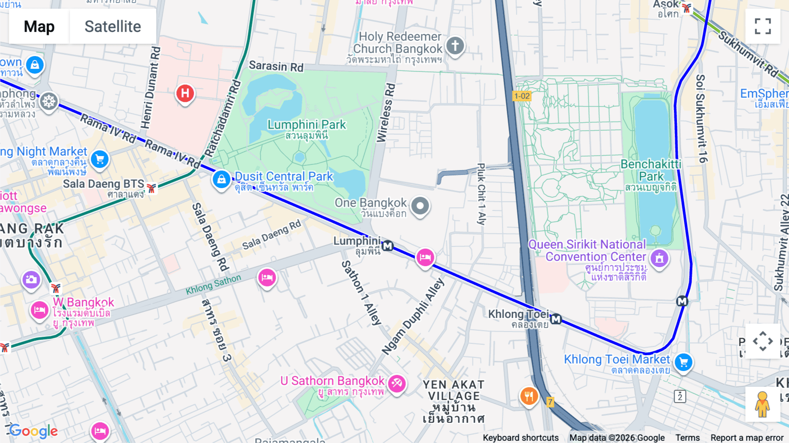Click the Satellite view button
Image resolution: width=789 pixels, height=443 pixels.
113,26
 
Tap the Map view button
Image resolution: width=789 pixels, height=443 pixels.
39,26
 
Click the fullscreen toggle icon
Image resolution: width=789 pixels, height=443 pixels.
763,26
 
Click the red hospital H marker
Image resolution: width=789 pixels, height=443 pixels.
185,93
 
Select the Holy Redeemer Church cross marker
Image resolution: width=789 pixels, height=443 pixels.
455,46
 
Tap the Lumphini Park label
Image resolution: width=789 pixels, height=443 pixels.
306,125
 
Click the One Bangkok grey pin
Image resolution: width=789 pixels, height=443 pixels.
420,206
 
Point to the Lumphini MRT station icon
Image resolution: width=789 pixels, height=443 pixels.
387,246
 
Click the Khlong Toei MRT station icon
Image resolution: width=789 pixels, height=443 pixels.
556,319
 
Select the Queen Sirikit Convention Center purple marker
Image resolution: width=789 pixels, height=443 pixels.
659,258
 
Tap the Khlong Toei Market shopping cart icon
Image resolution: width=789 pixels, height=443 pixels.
683,362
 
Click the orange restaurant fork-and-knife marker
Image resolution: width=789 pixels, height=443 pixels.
529,396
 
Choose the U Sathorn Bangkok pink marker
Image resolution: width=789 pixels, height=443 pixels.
397,383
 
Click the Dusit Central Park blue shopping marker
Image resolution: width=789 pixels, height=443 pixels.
221,179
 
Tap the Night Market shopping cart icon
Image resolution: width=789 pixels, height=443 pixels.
100,159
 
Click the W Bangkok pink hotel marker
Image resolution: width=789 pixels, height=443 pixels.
39,311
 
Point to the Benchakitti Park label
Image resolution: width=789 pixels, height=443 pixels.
650,170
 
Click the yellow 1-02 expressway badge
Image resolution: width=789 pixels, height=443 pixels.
522,96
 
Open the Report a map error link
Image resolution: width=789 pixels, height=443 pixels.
746,437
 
